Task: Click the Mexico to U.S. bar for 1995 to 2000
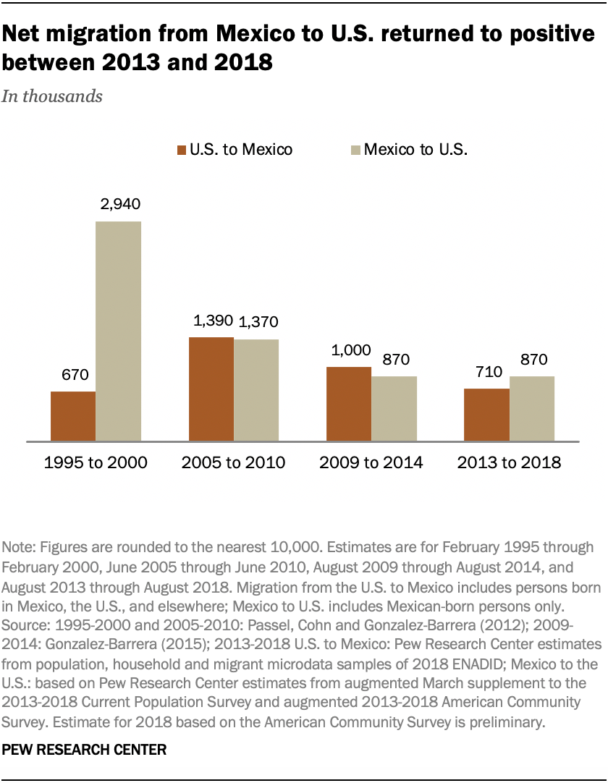[x=119, y=331]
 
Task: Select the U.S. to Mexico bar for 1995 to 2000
[x=73, y=416]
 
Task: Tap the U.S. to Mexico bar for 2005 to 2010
[x=211, y=389]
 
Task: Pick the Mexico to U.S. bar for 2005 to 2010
[x=256, y=390]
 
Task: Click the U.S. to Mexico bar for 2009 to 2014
[x=349, y=404]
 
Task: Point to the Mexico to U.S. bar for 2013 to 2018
[x=532, y=408]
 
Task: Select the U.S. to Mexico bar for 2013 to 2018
[x=486, y=415]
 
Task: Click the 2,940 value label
[x=119, y=205]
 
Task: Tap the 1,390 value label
[x=211, y=321]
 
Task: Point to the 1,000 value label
[x=349, y=351]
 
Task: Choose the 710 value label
[x=486, y=373]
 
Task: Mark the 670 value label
[x=73, y=376]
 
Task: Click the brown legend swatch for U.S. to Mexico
[x=181, y=151]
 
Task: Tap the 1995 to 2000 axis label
[x=96, y=462]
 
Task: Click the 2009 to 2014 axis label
[x=371, y=462]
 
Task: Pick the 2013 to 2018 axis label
[x=509, y=462]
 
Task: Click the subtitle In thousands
[x=53, y=96]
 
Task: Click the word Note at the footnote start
[x=18, y=546]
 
